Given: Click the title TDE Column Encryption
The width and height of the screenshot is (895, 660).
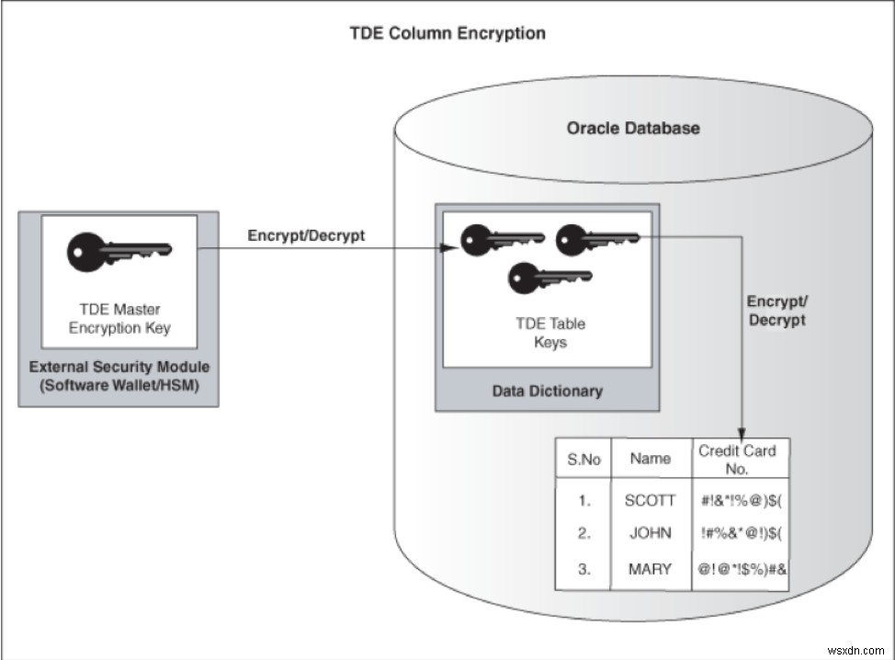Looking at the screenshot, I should (x=447, y=34).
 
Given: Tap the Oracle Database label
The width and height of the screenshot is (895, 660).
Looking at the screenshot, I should (x=632, y=128).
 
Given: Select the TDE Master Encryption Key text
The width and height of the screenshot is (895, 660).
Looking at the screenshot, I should (x=119, y=318).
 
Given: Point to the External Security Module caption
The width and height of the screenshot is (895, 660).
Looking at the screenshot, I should (x=119, y=376).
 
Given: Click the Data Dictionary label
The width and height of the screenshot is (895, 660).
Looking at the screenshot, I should (x=547, y=391).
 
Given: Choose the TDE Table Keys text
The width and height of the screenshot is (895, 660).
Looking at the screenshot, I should (x=549, y=333).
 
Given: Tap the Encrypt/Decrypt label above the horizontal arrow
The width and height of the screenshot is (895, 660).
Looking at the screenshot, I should (x=306, y=235).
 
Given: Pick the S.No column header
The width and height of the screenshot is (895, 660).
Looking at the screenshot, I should (x=583, y=459).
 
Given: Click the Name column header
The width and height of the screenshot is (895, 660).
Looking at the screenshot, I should (x=650, y=458).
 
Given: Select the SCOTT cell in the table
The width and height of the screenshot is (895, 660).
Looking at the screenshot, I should (x=650, y=501).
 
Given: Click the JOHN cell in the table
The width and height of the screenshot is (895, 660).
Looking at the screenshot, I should (x=650, y=533).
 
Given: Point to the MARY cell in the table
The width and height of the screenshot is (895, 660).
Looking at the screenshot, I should (x=650, y=568).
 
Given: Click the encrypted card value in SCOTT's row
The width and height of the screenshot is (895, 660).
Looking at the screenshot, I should (x=740, y=501).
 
